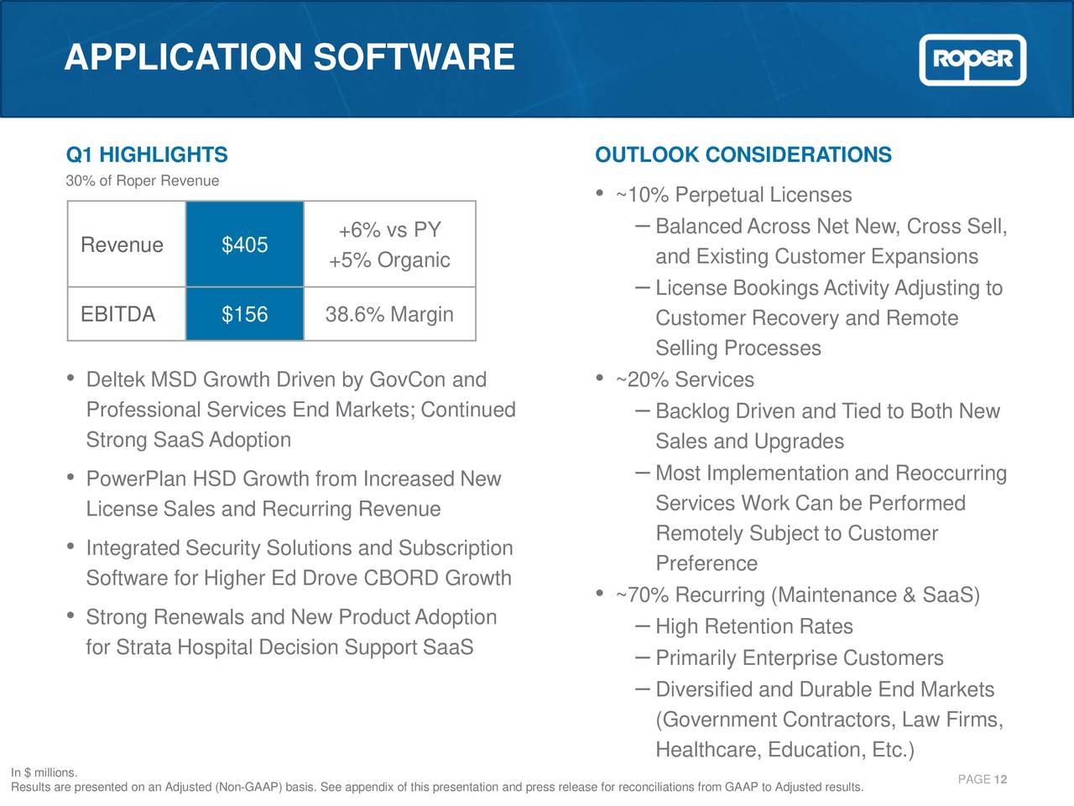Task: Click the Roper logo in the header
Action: click(972, 60)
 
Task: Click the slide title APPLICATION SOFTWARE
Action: click(289, 57)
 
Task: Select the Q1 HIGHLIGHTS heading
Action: click(147, 155)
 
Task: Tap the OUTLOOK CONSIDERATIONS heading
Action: click(743, 155)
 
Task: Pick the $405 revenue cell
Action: click(244, 244)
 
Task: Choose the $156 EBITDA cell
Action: click(244, 314)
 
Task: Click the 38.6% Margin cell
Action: click(389, 314)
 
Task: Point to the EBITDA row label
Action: click(118, 314)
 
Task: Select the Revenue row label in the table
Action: click(122, 244)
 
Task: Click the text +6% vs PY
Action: click(389, 230)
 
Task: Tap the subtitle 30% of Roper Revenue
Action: click(143, 181)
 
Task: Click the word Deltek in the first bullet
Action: click(116, 380)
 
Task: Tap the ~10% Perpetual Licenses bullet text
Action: click(733, 196)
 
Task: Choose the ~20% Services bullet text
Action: click(685, 380)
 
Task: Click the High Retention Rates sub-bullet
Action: click(753, 627)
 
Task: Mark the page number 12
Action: click(1000, 780)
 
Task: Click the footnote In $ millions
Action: click(44, 772)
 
